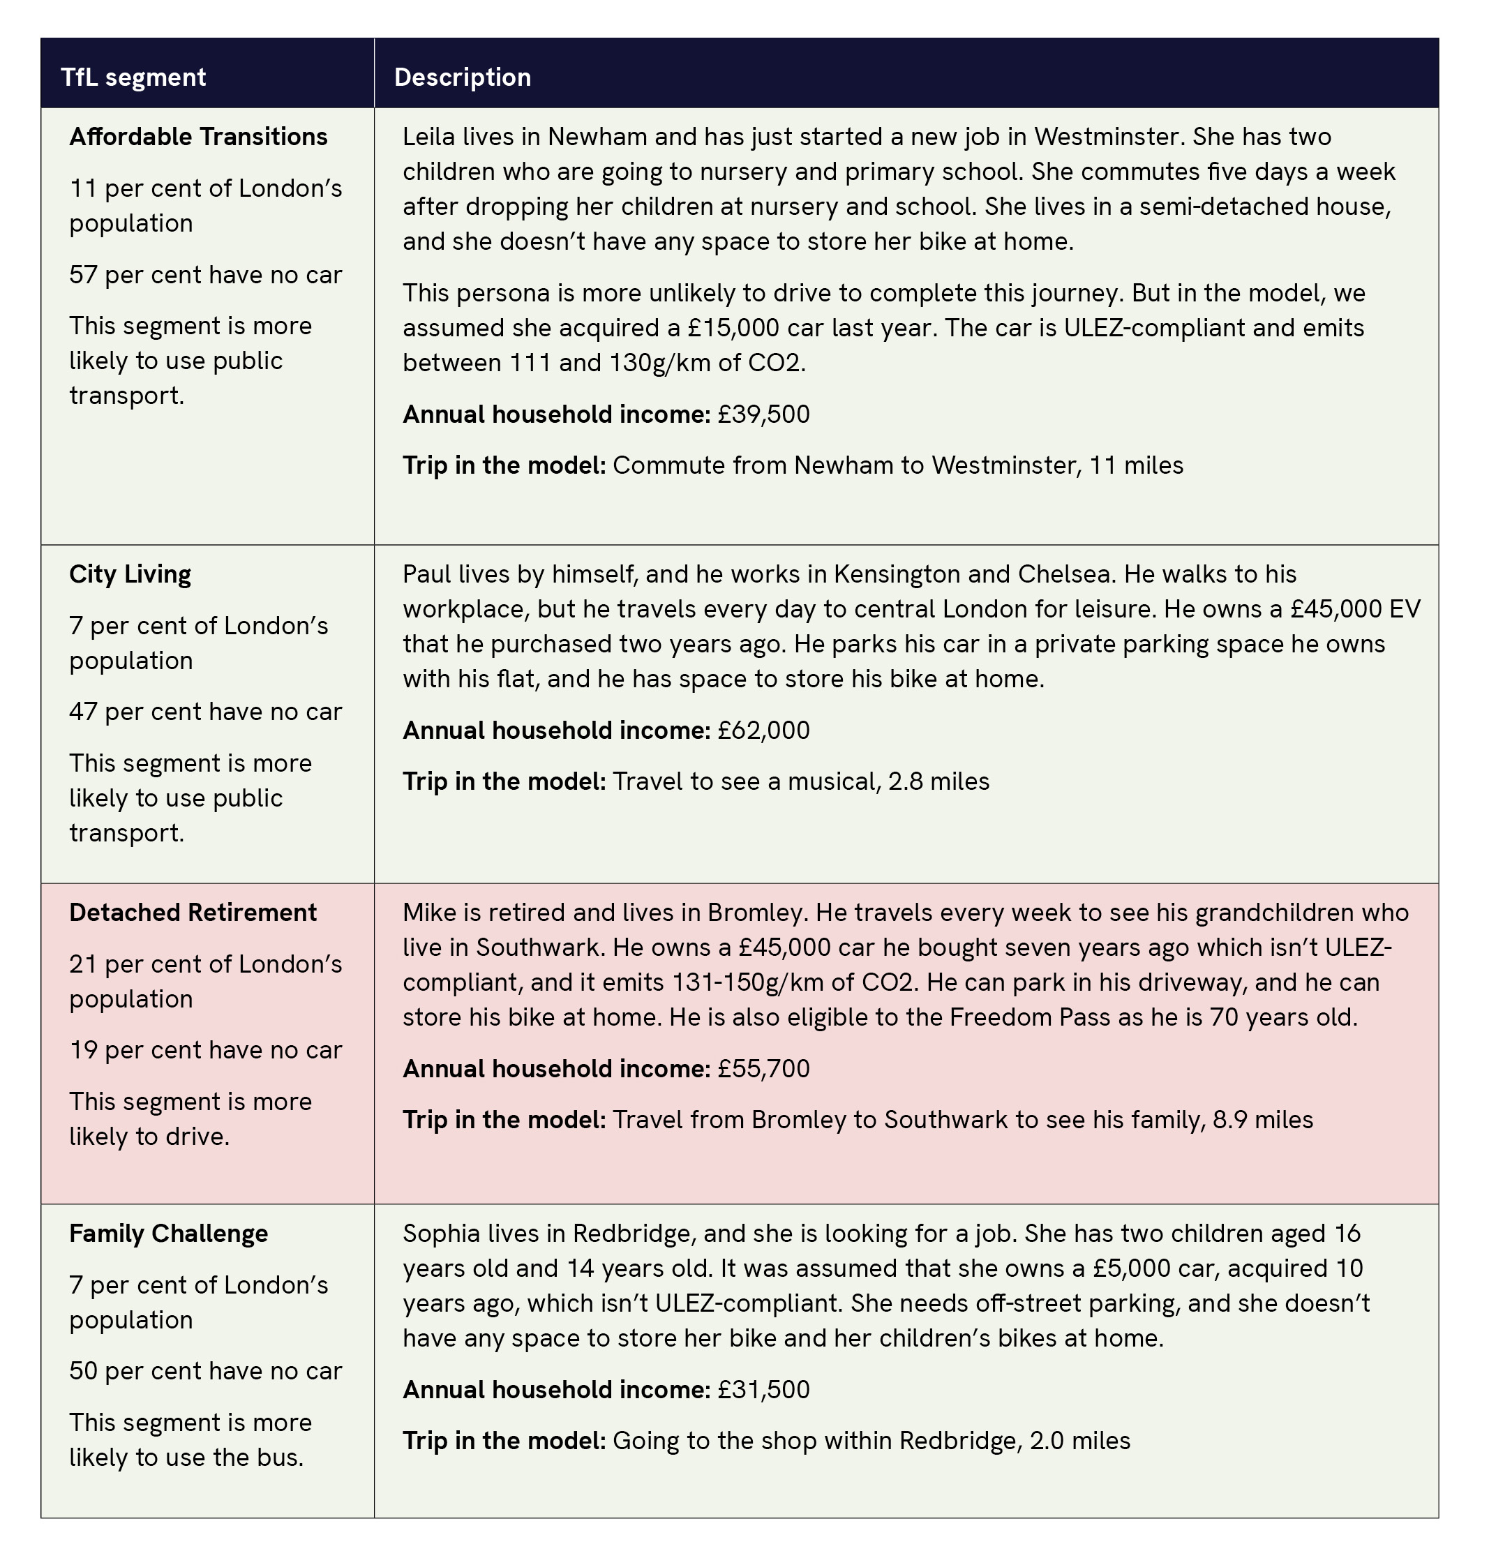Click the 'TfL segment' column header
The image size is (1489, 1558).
[133, 77]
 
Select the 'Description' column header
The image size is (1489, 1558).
[462, 77]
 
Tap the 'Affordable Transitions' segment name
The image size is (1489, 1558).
[197, 137]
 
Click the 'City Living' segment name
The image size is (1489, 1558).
[130, 574]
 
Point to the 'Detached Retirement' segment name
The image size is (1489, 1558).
[193, 912]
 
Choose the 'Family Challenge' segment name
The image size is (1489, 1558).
[168, 1233]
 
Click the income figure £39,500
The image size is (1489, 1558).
[763, 414]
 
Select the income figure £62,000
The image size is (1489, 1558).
[763, 731]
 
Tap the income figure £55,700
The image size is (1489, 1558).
[763, 1068]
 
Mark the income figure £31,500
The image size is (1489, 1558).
[763, 1389]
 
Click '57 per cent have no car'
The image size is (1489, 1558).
[206, 275]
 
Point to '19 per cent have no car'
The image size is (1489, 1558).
[206, 1050]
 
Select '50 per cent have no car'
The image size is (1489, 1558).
[206, 1371]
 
